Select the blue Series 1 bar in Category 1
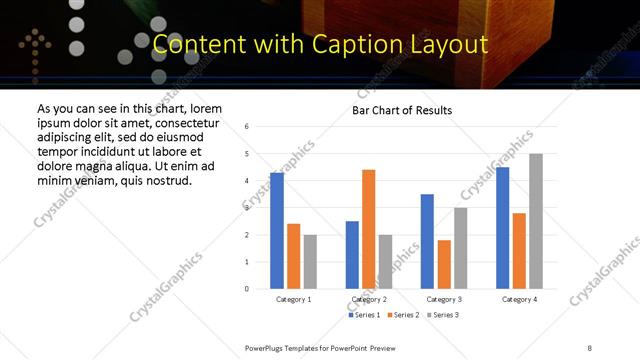(x=277, y=231)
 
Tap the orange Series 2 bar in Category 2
(x=368, y=229)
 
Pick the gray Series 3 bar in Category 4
(x=536, y=221)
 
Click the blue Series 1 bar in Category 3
(x=427, y=241)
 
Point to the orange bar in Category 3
(x=444, y=264)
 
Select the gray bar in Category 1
(x=310, y=262)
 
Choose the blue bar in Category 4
(x=502, y=228)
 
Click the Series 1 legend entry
(x=364, y=315)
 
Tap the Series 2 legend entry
(x=402, y=315)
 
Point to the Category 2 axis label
(x=369, y=299)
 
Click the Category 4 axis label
(x=519, y=299)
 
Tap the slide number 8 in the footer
(x=590, y=348)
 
